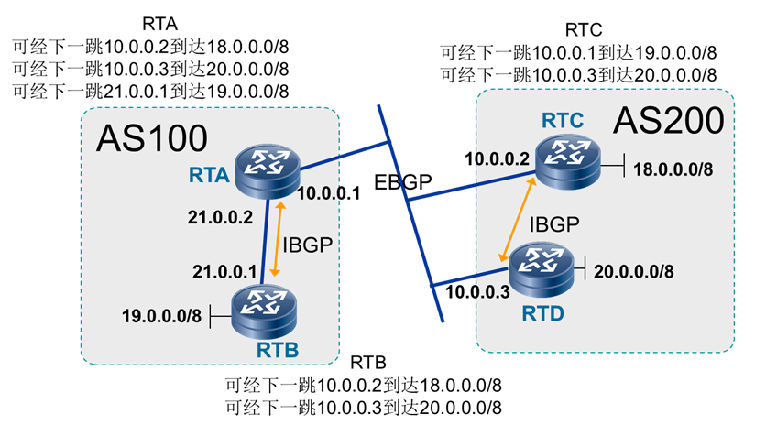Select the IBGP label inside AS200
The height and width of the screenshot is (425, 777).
[x=553, y=220]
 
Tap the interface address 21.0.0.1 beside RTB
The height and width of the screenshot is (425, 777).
[x=222, y=270]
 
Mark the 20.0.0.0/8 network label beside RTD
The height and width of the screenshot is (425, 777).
[x=635, y=271]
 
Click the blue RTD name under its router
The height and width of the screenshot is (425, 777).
[x=542, y=313]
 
